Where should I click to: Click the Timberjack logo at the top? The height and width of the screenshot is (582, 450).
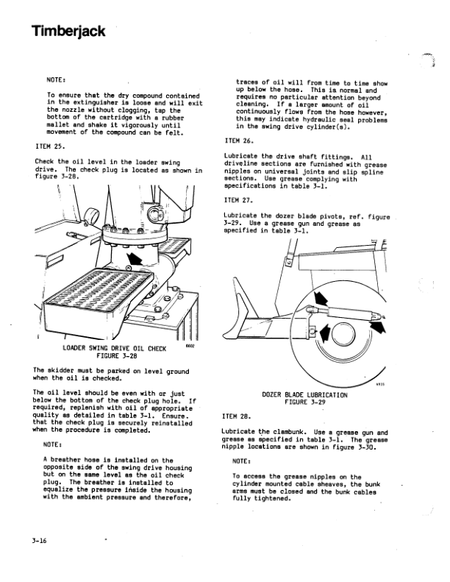[68, 32]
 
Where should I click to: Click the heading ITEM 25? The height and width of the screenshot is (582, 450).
[50, 146]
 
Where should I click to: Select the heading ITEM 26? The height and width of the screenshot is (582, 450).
[239, 141]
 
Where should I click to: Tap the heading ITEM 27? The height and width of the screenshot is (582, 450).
[238, 200]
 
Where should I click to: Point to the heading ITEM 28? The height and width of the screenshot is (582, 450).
[237, 416]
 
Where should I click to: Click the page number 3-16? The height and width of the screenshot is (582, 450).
[39, 541]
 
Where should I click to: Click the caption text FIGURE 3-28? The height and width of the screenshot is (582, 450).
[117, 356]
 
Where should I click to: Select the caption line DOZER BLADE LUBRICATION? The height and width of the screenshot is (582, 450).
[304, 395]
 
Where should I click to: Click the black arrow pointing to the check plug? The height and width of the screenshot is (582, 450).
[134, 259]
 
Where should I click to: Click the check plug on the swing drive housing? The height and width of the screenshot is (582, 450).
[129, 268]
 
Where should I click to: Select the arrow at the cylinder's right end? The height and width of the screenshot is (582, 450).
[378, 326]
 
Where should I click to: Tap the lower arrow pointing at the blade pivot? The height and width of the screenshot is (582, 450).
[324, 332]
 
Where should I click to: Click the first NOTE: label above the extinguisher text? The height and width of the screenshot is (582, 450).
[56, 79]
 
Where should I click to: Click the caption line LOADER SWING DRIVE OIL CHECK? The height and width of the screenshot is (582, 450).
[114, 349]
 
